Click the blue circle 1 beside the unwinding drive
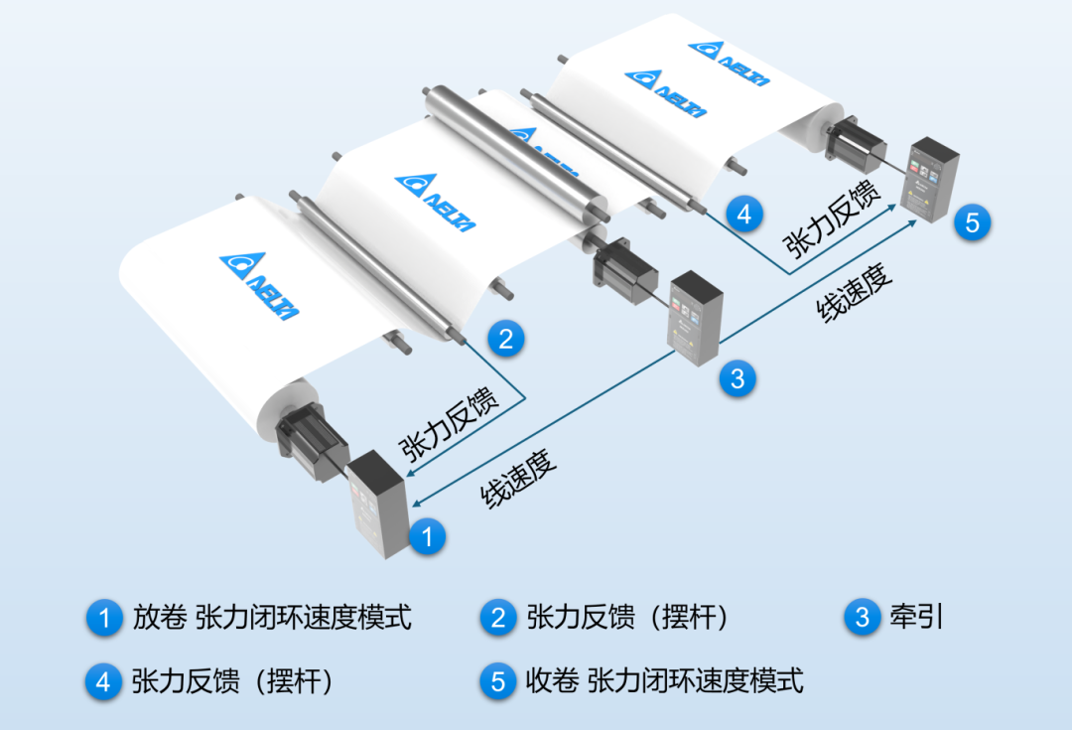click(x=427, y=536)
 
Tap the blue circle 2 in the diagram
click(x=506, y=339)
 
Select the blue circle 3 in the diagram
click(x=737, y=378)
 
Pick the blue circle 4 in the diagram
click(x=744, y=215)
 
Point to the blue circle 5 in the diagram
click(x=972, y=221)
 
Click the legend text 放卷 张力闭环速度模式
click(x=272, y=617)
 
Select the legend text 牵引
click(x=916, y=617)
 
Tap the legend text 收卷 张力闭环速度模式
click(x=664, y=680)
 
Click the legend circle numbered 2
click(x=497, y=618)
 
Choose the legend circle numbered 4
click(x=103, y=681)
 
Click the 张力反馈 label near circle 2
click(x=450, y=425)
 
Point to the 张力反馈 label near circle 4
click(x=832, y=219)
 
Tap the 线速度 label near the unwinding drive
click(x=518, y=479)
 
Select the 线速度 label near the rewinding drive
click(x=854, y=291)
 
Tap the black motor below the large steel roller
click(x=623, y=269)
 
